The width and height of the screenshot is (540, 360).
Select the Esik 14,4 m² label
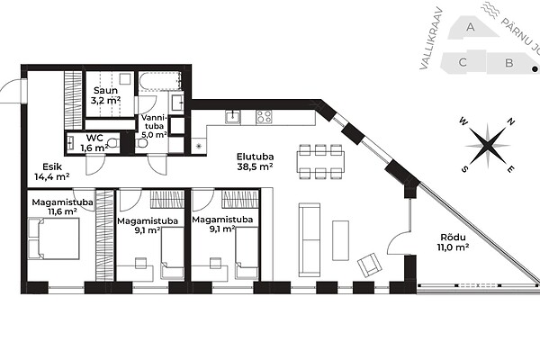tap(52, 172)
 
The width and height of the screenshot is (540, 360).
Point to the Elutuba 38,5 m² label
tap(256, 162)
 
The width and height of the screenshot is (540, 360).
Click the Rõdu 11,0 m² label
tap(454, 242)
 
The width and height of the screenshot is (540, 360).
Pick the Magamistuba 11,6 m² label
tap(62, 207)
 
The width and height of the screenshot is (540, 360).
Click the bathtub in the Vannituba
tap(160, 81)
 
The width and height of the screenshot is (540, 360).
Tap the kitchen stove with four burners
tap(264, 117)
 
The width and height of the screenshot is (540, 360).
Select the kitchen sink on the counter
tap(233, 117)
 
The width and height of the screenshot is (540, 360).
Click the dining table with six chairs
tap(320, 162)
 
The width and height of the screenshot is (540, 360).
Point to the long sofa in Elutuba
tap(310, 239)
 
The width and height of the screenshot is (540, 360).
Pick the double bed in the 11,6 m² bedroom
tap(54, 238)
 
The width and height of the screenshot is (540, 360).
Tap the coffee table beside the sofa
tap(340, 240)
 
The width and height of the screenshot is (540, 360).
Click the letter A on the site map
tap(470, 26)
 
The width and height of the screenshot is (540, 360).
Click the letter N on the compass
tap(511, 121)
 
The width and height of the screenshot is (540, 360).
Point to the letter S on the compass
tap(464, 169)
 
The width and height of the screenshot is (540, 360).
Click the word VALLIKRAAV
tap(431, 39)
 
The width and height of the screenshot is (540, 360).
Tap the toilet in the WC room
tap(113, 142)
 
